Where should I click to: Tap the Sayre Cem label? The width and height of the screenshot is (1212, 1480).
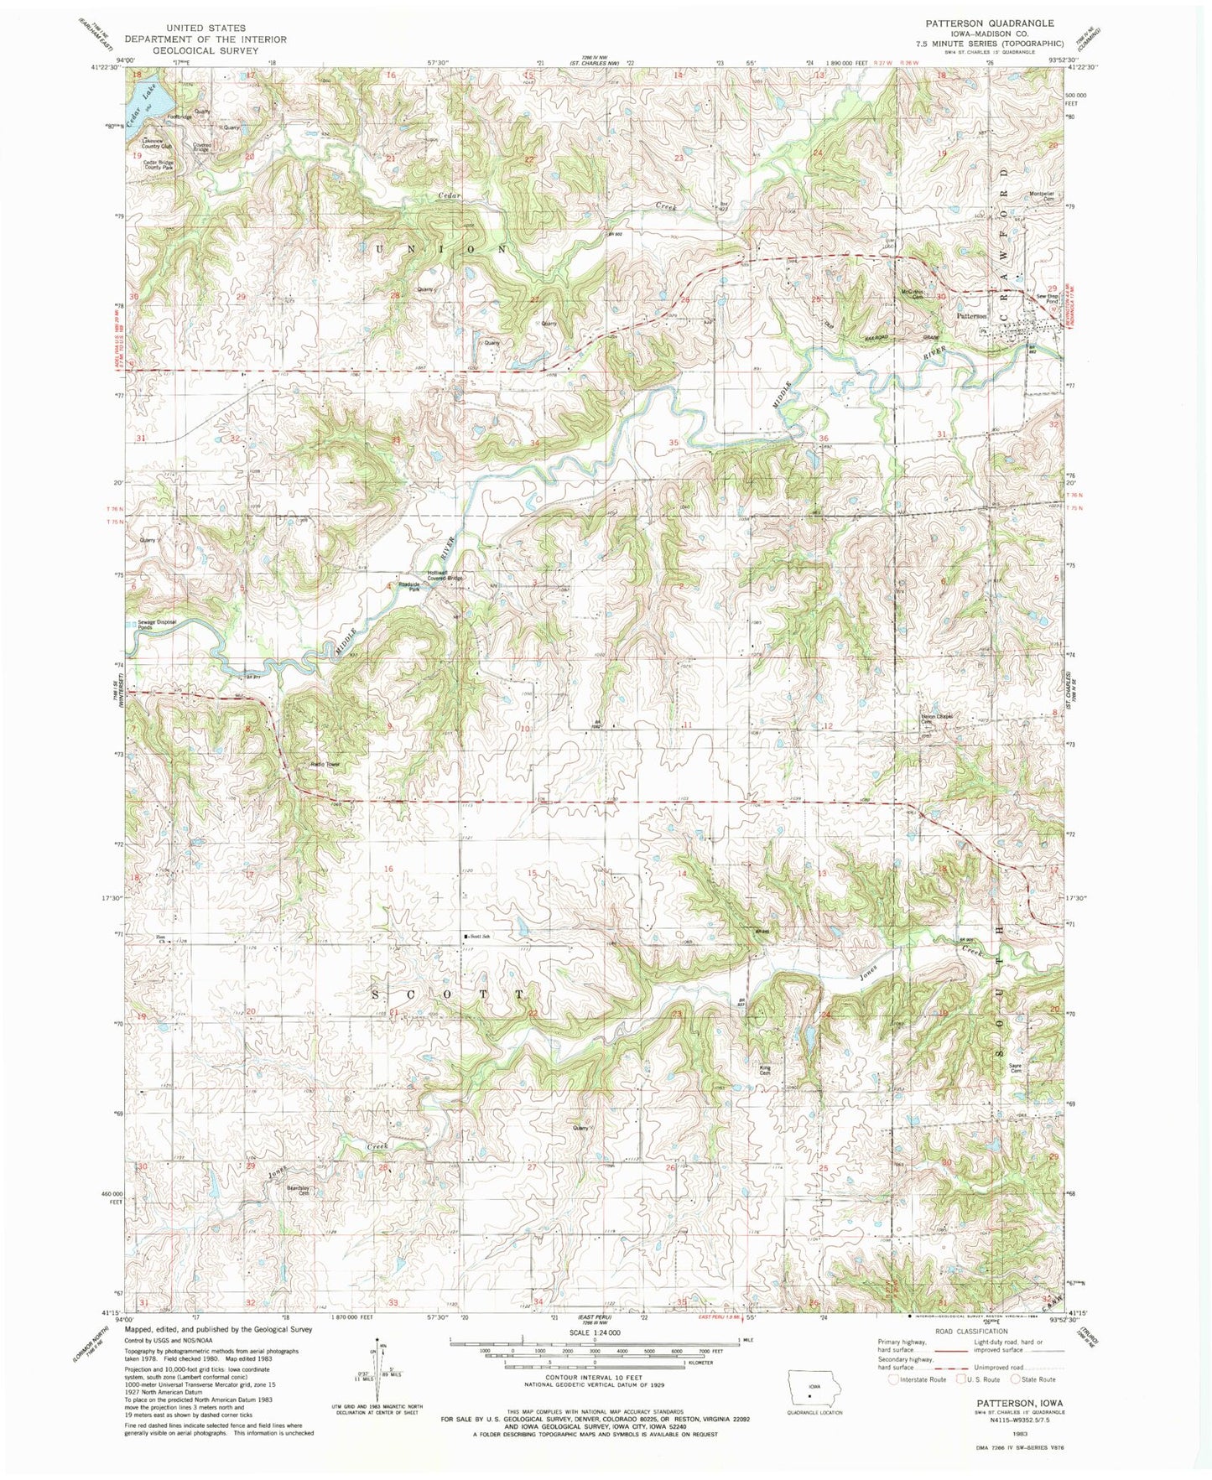click(x=1016, y=1069)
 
